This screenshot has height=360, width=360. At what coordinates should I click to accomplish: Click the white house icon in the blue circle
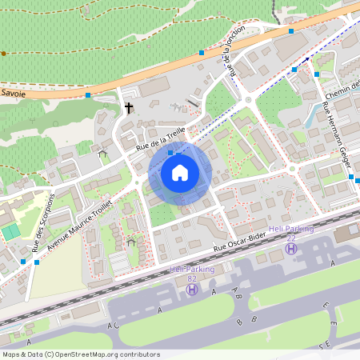point(180,172)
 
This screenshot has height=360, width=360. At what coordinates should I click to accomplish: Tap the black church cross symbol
point(128,106)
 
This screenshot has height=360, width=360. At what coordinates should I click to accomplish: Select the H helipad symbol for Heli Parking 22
point(292,250)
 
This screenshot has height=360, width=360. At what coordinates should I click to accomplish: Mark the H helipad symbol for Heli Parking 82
point(192,289)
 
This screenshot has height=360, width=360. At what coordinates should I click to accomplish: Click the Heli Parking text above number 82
point(192,270)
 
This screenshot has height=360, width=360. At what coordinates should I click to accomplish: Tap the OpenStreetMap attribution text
point(80,354)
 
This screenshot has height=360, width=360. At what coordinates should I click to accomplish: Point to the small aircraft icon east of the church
point(177,106)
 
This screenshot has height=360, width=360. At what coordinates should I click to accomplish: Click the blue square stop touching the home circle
point(170,151)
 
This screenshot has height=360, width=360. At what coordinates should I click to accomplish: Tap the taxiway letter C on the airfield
point(117,326)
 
